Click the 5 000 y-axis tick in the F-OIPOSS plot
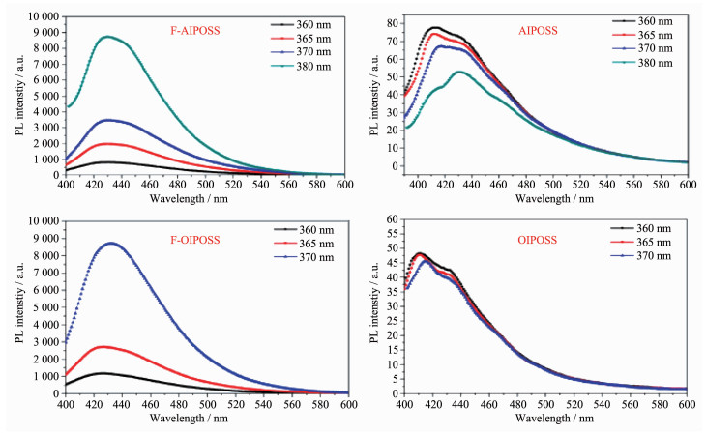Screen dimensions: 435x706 tap(40, 307)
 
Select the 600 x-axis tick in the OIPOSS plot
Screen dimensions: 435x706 tap(686, 404)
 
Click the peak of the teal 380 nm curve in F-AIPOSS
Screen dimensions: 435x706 tap(107, 37)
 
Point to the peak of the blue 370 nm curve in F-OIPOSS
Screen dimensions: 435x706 tap(113, 243)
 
